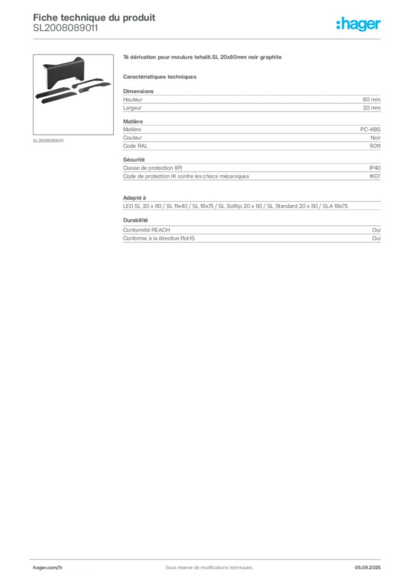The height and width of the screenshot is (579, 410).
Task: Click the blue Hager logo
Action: pos(359,24)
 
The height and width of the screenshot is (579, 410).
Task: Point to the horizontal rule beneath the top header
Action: pos(208,38)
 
